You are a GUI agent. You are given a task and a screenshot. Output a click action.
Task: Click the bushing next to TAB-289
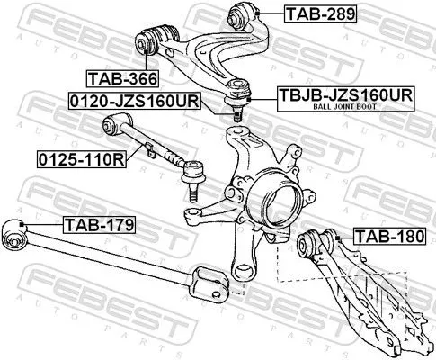point(245,13)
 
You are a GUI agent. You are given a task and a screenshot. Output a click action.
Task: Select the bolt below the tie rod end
point(191,187)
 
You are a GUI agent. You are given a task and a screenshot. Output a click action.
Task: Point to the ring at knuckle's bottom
point(240,268)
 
